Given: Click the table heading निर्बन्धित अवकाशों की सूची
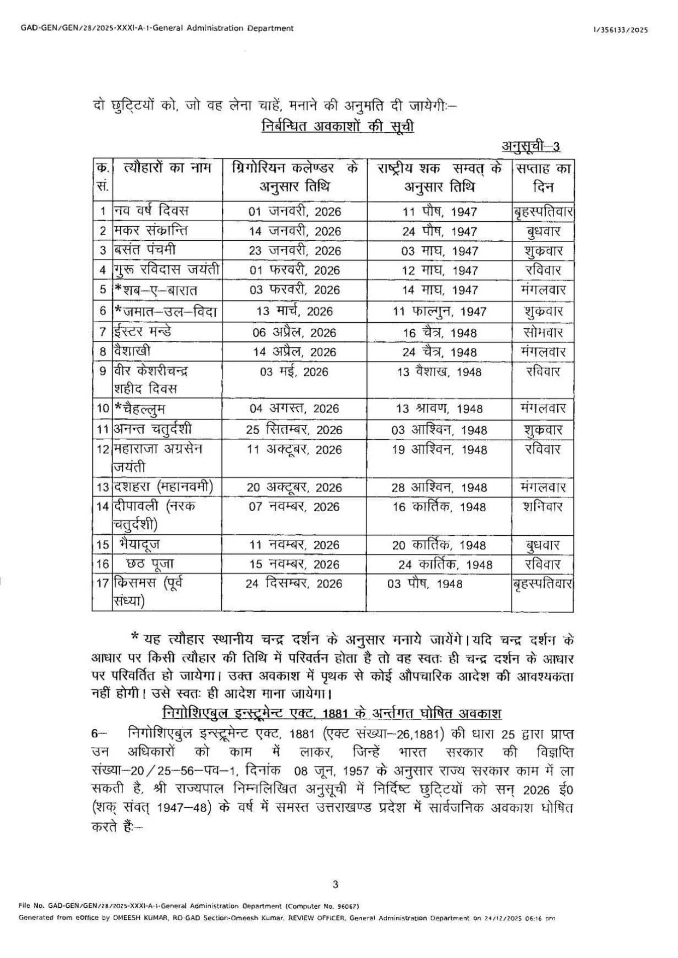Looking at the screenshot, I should coord(338,126).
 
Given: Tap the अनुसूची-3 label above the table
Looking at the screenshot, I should coord(530,146).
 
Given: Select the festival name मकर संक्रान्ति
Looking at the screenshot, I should coord(151,230).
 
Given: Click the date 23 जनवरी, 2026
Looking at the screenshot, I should coord(294,251).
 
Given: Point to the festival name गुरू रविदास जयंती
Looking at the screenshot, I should coord(167,270).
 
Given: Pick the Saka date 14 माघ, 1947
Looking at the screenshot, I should coord(440,290).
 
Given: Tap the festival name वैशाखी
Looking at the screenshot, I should coord(132,351).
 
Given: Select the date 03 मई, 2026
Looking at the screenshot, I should coord(294,372).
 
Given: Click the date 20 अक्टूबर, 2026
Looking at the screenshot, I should coord(294,487).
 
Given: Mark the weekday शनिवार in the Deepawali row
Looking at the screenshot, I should coord(543,507).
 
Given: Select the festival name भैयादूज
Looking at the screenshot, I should coord(139,545).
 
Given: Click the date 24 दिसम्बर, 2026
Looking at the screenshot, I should coord(294,583).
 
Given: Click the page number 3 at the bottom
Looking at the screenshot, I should coord(335,885).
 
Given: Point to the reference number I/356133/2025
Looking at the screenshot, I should coord(621,30).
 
